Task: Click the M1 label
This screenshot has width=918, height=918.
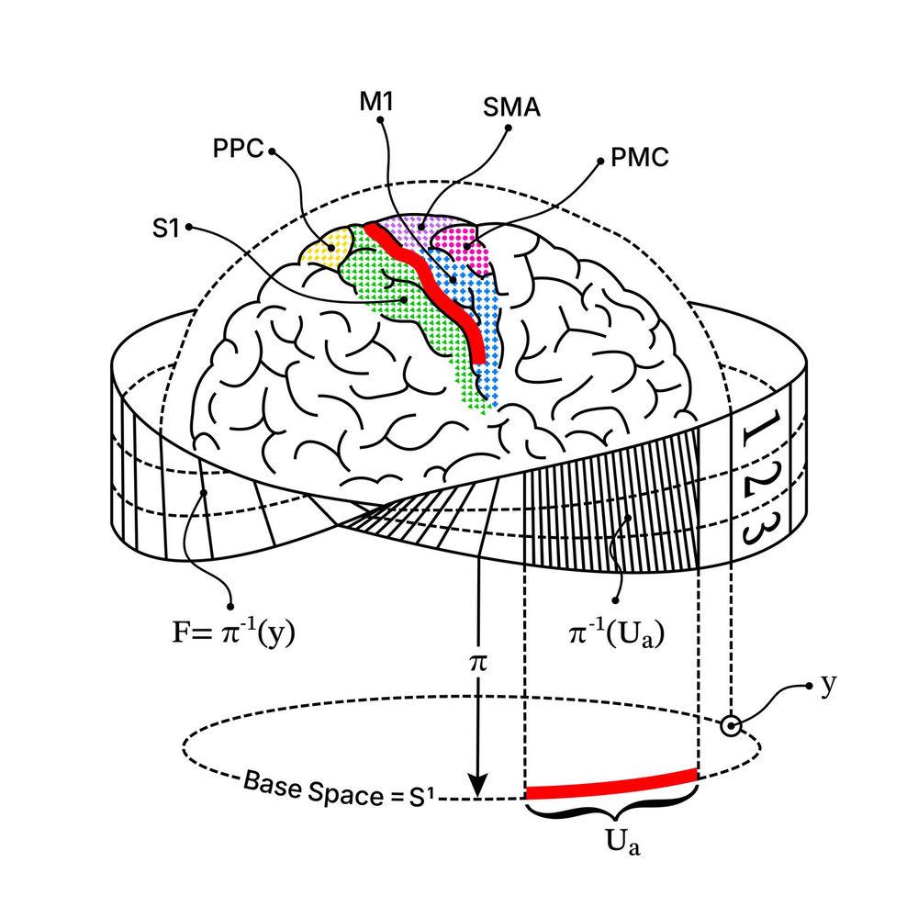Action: point(375,102)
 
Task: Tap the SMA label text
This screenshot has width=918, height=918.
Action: point(511,107)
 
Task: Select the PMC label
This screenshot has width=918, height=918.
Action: point(639,158)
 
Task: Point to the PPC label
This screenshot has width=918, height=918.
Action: point(239,149)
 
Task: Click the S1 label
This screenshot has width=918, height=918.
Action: point(165,229)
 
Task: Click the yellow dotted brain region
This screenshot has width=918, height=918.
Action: point(325,249)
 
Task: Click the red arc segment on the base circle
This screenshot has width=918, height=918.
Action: point(611,783)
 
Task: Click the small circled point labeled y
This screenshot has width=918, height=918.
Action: point(731,726)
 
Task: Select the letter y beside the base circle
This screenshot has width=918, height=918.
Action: point(828,685)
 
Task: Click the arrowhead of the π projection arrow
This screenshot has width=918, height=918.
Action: point(479,785)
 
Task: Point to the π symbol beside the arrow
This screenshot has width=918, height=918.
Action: point(477,662)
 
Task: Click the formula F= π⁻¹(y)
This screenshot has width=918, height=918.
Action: point(233,633)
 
